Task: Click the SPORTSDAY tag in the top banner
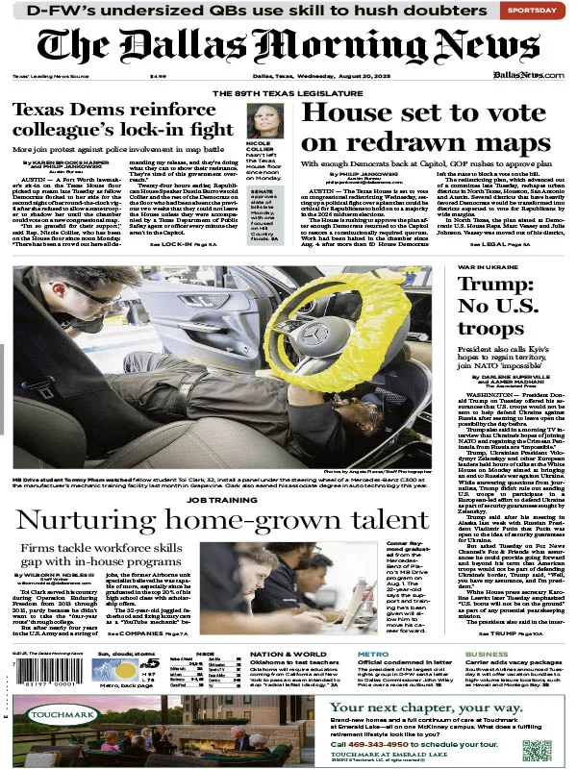pyautogui.click(x=533, y=10)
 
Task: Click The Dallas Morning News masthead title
pyautogui.click(x=288, y=45)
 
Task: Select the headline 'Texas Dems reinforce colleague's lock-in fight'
pyautogui.click(x=121, y=119)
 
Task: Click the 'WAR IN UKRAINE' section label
pyautogui.click(x=483, y=265)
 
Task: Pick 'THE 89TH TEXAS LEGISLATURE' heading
pyautogui.click(x=288, y=93)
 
